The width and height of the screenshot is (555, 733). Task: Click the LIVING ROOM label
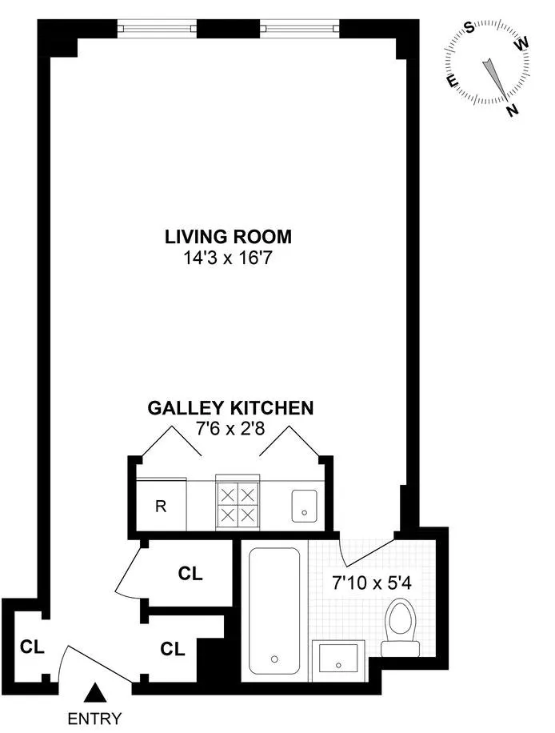click(x=228, y=237)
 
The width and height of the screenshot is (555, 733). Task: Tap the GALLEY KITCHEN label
click(x=230, y=408)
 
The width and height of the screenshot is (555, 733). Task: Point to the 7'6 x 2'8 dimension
click(x=230, y=430)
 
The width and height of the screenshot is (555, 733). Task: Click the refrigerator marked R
click(x=161, y=505)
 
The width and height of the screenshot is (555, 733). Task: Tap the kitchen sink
click(x=305, y=503)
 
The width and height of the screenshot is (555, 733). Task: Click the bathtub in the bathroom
click(x=274, y=608)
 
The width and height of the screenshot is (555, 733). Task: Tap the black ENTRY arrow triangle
click(x=96, y=691)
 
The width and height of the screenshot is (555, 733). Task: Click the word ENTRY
click(x=96, y=718)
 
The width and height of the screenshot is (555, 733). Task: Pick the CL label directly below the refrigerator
click(x=190, y=574)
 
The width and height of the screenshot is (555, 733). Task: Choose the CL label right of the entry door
click(x=173, y=648)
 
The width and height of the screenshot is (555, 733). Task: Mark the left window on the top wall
click(x=157, y=29)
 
